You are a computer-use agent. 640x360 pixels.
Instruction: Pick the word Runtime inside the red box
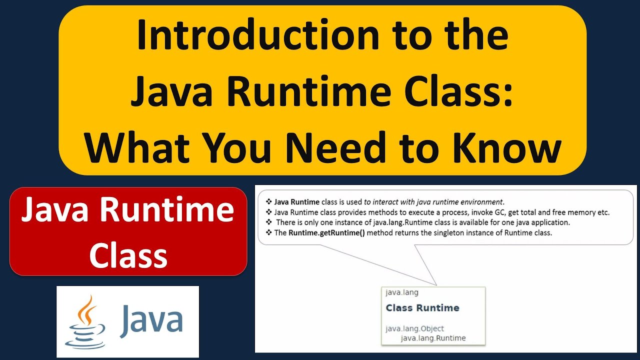(166, 210)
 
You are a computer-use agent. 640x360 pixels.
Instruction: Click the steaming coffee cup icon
(86, 320)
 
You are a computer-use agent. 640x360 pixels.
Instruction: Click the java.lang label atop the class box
(402, 292)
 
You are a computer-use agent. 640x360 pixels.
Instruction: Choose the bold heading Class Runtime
(422, 308)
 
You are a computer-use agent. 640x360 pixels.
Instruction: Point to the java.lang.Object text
(414, 328)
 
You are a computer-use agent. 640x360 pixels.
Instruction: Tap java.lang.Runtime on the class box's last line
(433, 338)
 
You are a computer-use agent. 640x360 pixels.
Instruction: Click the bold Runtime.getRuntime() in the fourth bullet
(326, 232)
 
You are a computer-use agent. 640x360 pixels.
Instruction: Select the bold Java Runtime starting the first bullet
(297, 202)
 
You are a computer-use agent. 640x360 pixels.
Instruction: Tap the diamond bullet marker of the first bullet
(268, 202)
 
